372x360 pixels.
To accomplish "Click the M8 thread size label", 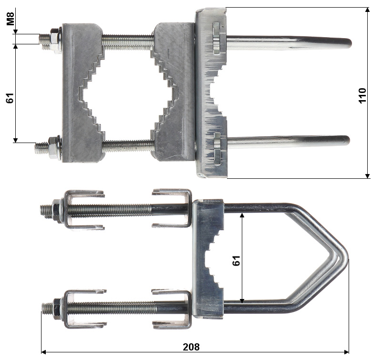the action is pyautogui.click(x=10, y=19).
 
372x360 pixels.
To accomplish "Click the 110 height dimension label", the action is pyautogui.click(x=362, y=95).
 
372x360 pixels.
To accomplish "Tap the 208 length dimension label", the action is pyautogui.click(x=191, y=347).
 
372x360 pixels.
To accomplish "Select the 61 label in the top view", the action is pyautogui.click(x=10, y=98).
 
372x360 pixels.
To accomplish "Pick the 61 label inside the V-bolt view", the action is pyautogui.click(x=236, y=261).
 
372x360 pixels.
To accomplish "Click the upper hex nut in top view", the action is pyautogui.click(x=55, y=41).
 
